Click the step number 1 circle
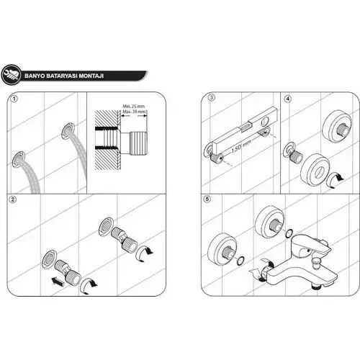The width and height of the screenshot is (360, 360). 17,99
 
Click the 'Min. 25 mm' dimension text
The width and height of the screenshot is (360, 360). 134,106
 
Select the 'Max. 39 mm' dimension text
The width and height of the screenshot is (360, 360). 134,112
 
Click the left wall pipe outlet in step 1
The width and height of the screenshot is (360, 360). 20,157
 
